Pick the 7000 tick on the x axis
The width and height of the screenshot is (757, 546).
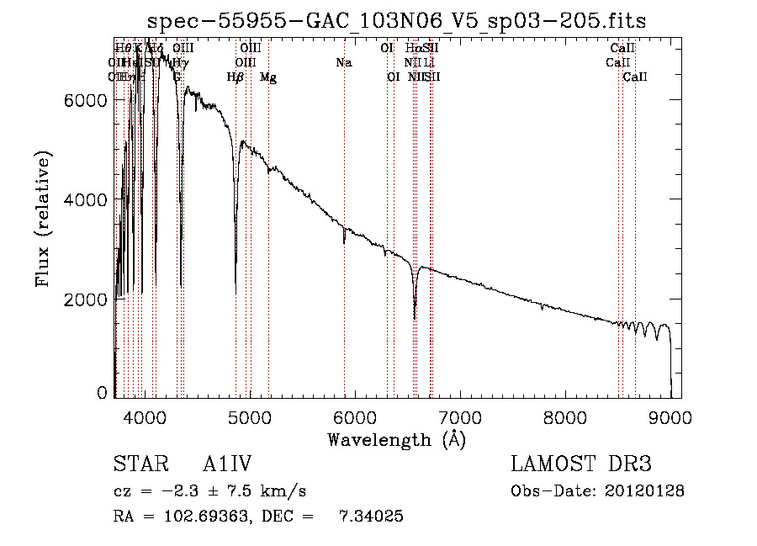(x=460, y=417)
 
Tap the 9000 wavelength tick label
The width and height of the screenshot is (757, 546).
(x=670, y=417)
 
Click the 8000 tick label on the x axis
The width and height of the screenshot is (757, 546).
(x=565, y=417)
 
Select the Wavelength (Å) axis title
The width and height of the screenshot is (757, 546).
(x=396, y=439)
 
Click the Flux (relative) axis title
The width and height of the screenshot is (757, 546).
(x=44, y=220)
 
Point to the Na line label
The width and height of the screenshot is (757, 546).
(x=343, y=63)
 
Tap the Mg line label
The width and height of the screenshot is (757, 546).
(x=268, y=77)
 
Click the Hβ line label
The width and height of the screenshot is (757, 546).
(x=236, y=77)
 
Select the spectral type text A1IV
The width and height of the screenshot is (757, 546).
(x=228, y=464)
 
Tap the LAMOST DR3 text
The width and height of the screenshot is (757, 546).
(x=581, y=464)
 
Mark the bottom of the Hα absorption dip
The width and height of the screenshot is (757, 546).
(x=415, y=319)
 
